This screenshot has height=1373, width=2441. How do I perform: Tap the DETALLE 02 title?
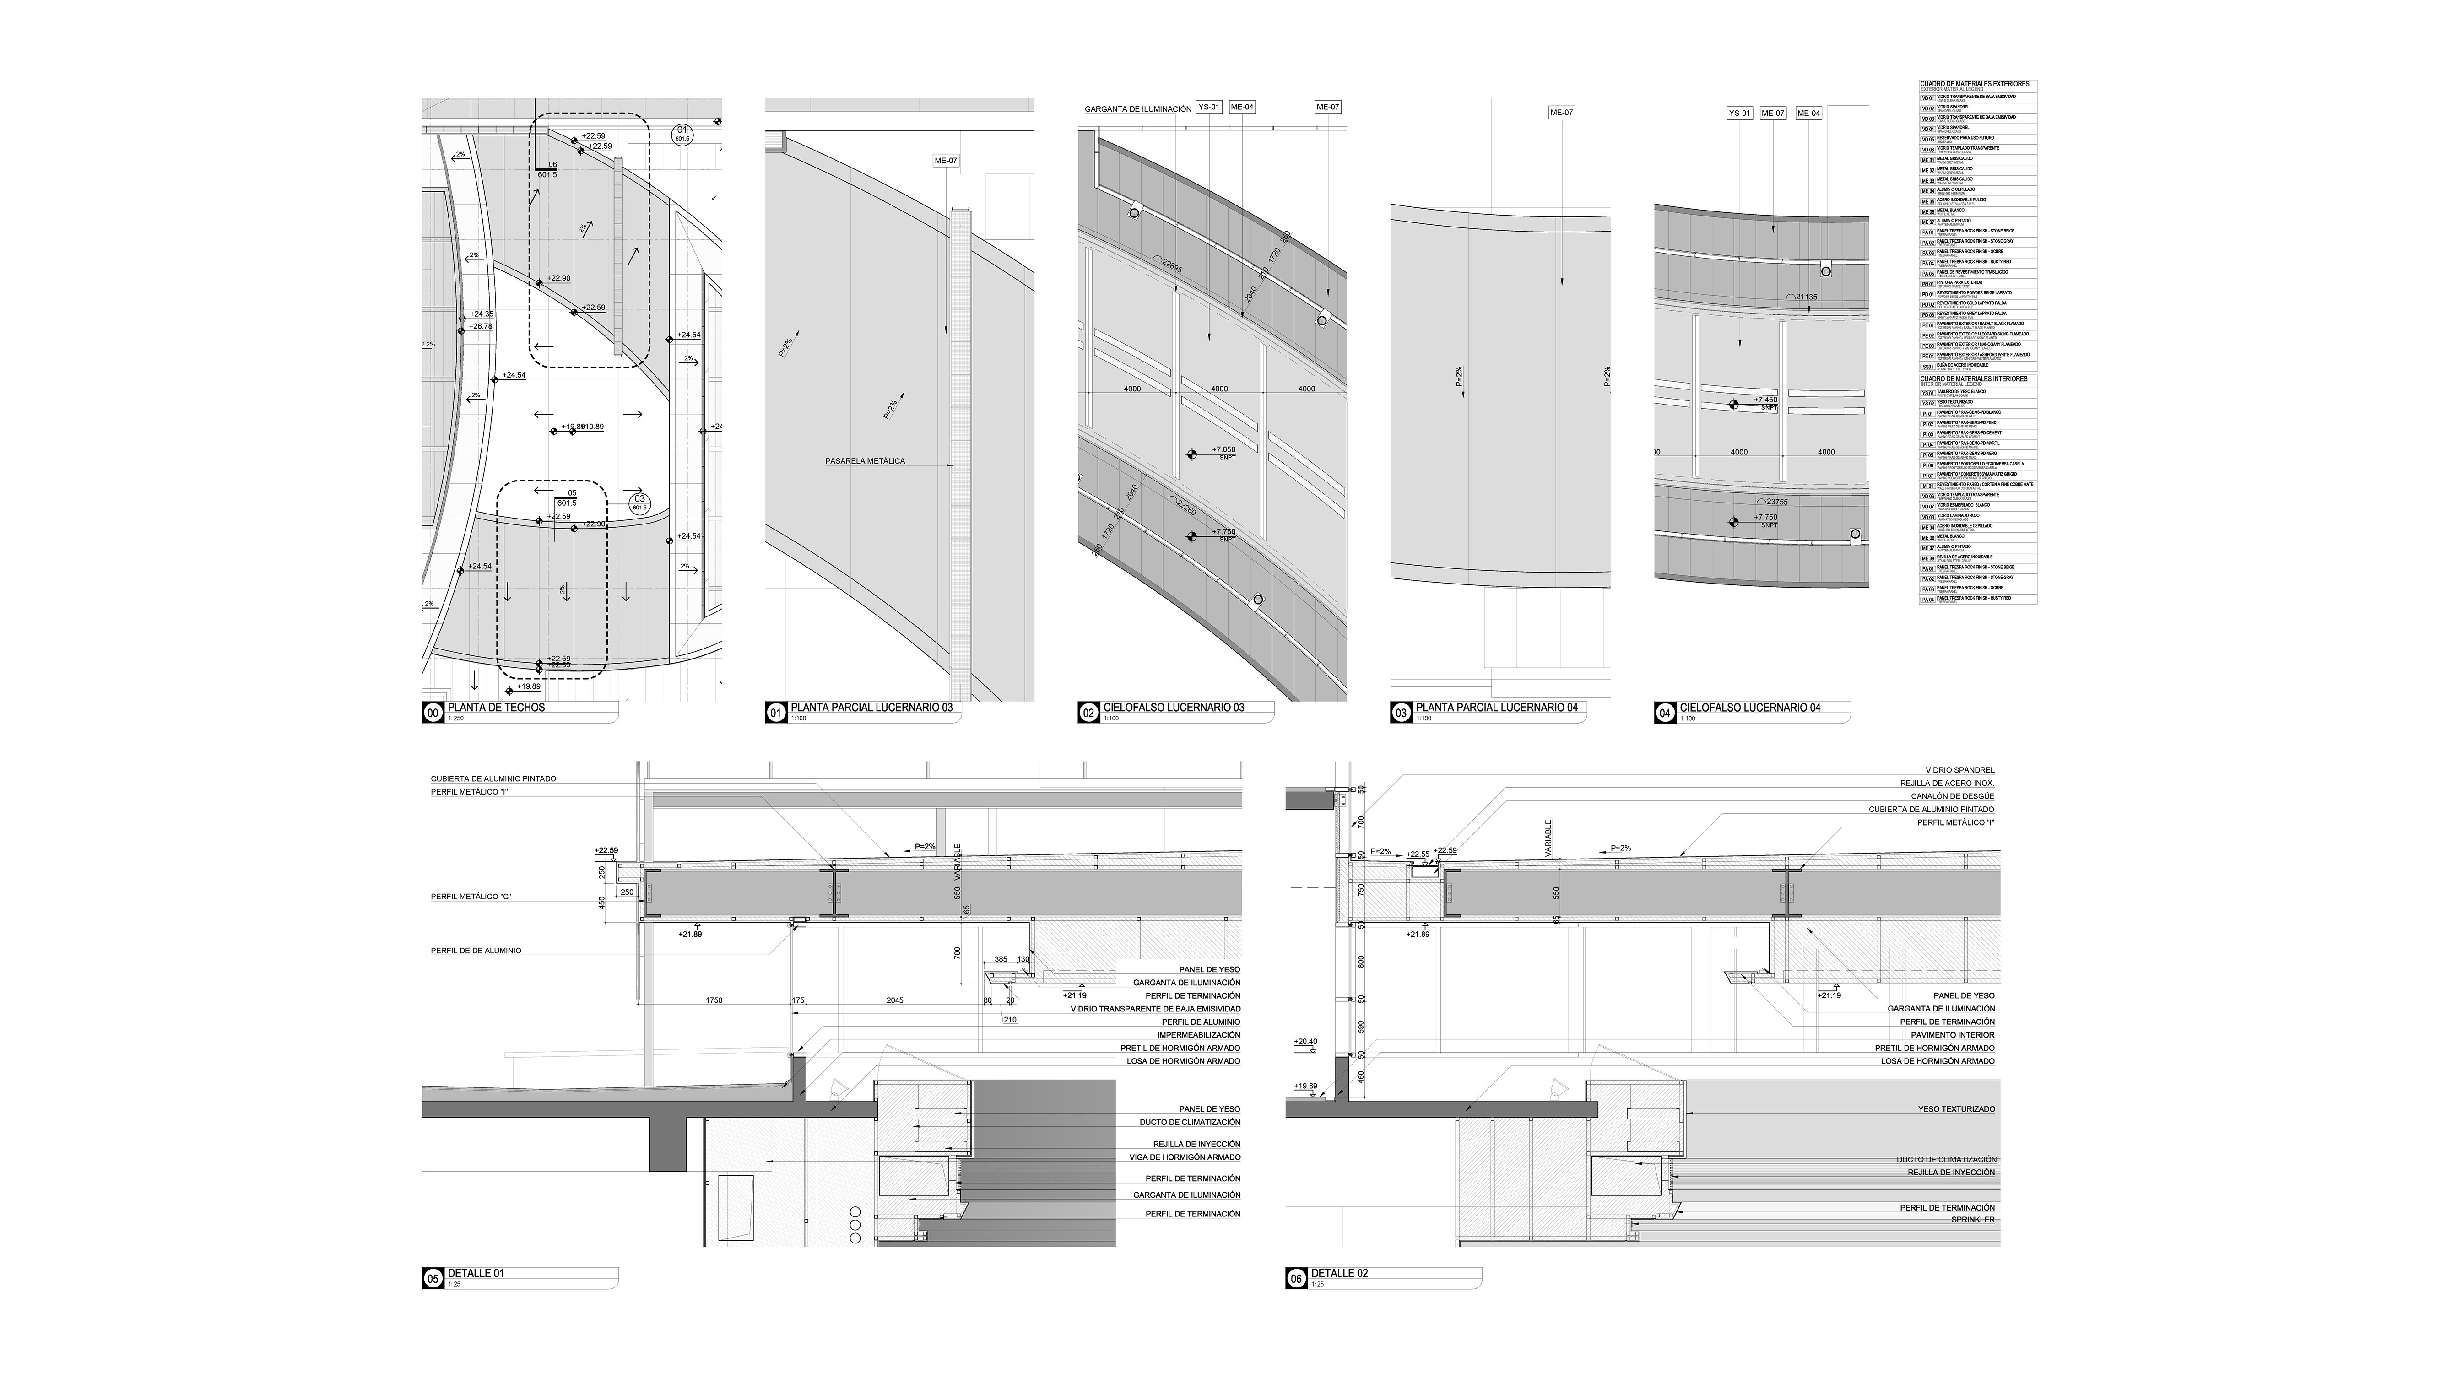click(x=1339, y=1274)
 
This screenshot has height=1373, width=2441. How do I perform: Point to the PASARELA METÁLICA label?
click(x=864, y=461)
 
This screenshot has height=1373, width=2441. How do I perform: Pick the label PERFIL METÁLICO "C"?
click(x=471, y=896)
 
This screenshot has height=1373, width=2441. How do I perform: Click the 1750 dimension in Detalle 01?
click(x=714, y=1000)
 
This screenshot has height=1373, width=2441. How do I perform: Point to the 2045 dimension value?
click(x=894, y=1000)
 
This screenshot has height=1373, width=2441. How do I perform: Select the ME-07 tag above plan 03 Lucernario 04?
click(x=1561, y=113)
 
